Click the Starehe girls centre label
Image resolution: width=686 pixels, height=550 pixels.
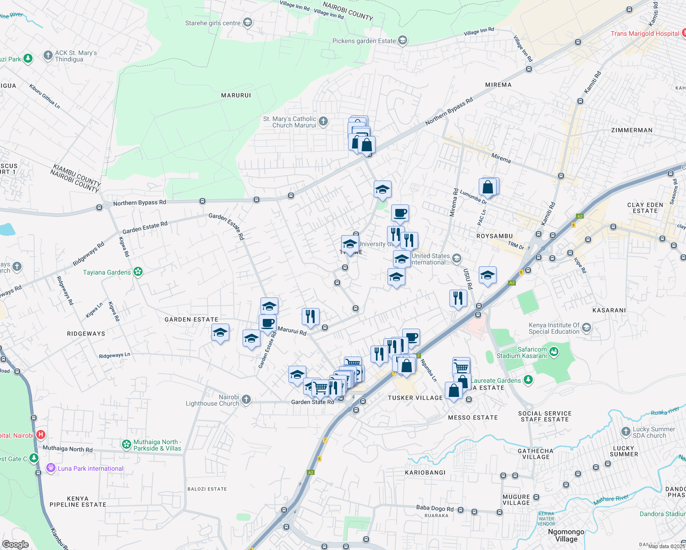coord(213,23)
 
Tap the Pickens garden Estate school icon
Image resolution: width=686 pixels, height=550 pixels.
coord(402,41)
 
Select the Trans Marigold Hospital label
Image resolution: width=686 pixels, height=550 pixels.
coord(645,33)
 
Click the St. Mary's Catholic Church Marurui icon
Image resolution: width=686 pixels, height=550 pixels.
coord(323,121)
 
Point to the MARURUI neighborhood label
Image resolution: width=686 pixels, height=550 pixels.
coord(236,95)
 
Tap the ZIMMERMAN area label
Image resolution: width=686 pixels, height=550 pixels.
coord(631,130)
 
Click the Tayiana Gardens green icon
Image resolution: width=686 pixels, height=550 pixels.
coord(138,272)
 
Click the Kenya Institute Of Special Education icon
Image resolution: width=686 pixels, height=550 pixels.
coord(586,328)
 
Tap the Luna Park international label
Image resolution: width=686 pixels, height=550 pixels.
coord(90,468)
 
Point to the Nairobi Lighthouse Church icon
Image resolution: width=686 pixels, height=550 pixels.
coord(246,400)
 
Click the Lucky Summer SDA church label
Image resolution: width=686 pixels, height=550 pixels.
coord(653,432)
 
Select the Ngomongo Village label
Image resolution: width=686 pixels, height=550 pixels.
coord(566,535)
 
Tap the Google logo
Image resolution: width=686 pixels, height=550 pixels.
coord(16,544)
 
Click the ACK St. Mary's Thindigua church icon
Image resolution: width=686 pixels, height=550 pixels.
coord(48,55)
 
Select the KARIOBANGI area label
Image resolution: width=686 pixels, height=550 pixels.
coord(425,472)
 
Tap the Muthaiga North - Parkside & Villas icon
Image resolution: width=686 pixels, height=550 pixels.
coord(126,444)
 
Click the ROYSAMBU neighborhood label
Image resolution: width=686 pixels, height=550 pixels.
coord(494,236)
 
